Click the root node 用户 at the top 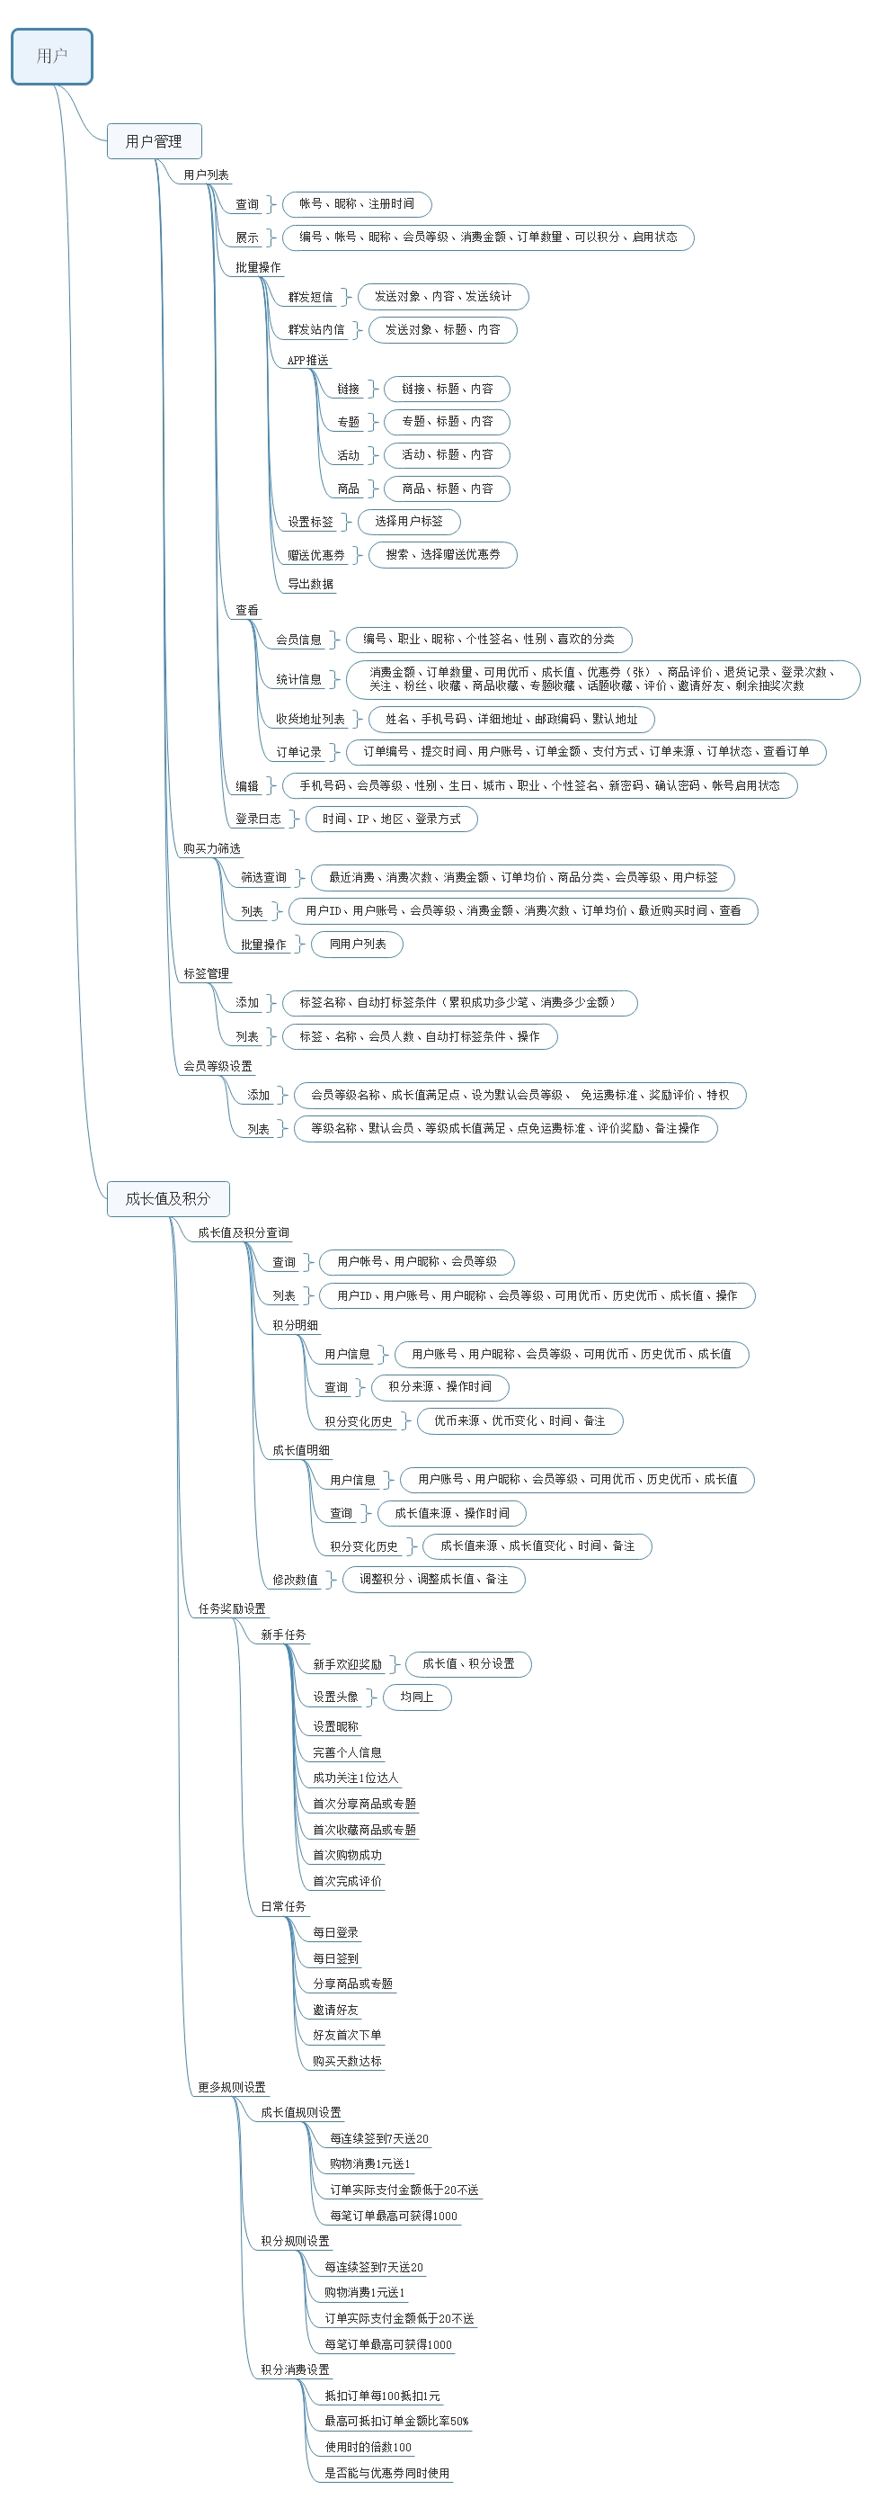[51, 57]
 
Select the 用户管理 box [154, 141]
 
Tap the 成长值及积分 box [167, 1198]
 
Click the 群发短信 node [310, 297]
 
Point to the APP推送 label [307, 360]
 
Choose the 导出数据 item [310, 584]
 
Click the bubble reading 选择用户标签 [409, 521]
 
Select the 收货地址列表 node [310, 719]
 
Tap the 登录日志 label [258, 819]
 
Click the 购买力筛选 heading [211, 849]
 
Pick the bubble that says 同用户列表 [357, 944]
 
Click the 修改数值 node [295, 1579]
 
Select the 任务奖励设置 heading [232, 1608]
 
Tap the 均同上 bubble [416, 1697]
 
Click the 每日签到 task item [334, 1958]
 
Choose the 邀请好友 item [334, 2010]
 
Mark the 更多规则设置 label [232, 2086]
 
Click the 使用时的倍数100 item [368, 2447]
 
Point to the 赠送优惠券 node [316, 555]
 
